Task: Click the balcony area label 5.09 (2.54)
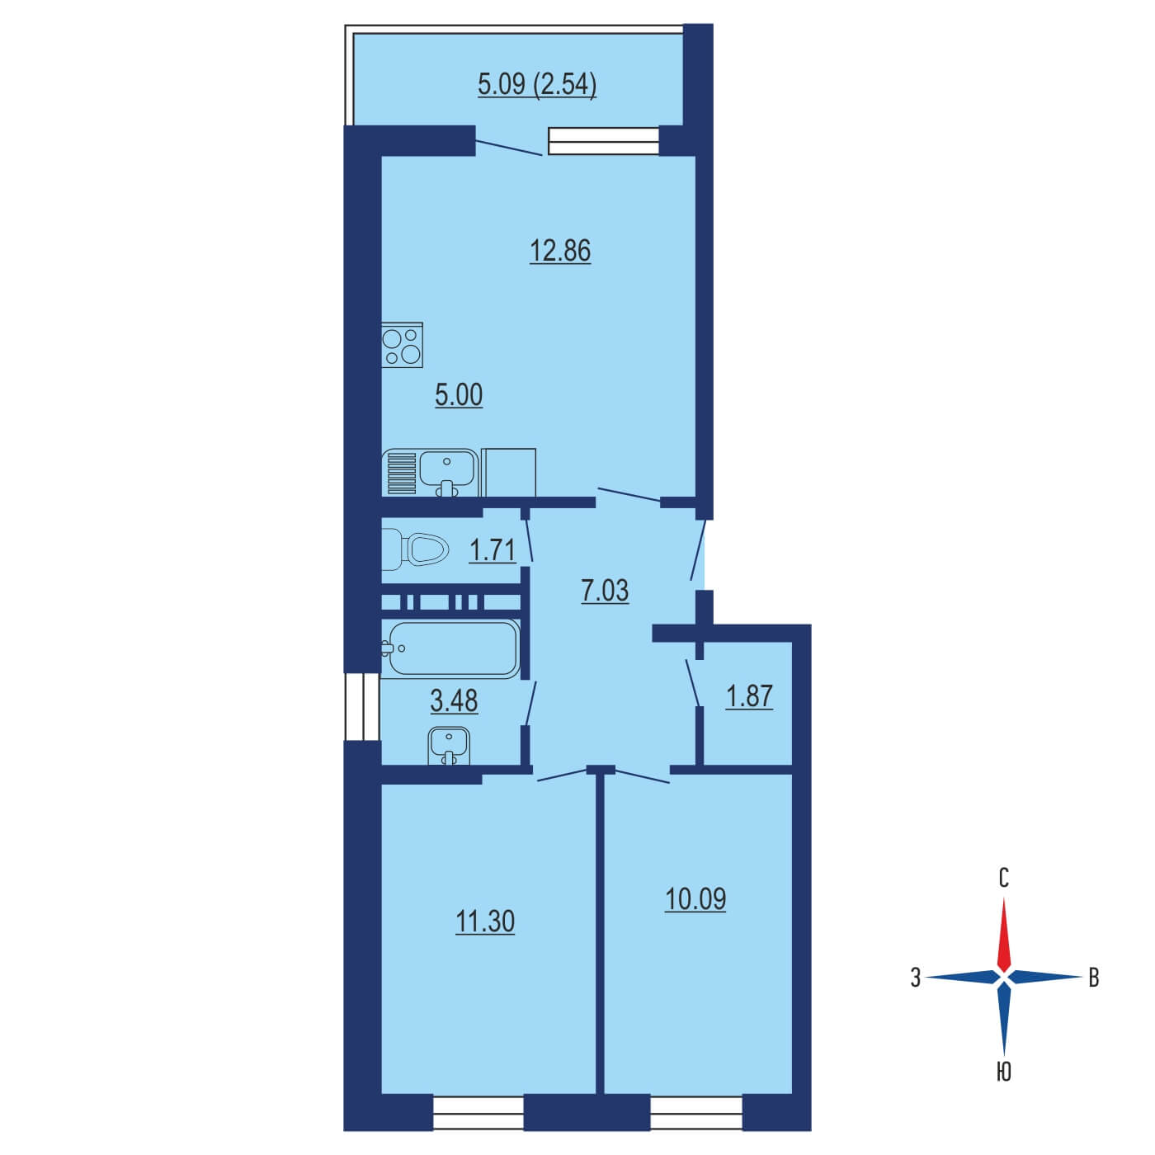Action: click(537, 84)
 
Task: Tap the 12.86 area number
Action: click(560, 250)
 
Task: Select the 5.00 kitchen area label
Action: click(459, 395)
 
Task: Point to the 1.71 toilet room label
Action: click(492, 549)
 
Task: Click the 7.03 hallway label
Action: click(605, 591)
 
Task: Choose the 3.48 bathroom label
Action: click(454, 700)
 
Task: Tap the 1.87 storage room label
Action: click(748, 696)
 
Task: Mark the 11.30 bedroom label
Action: click(485, 921)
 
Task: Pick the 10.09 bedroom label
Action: click(695, 898)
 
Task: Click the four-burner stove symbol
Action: click(402, 345)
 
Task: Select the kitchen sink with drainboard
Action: click(430, 473)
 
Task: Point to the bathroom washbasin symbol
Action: click(449, 746)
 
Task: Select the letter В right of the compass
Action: click(1094, 978)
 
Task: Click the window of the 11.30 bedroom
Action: click(478, 1113)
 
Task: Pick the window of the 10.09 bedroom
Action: click(696, 1113)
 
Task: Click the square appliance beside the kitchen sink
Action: click(508, 473)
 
